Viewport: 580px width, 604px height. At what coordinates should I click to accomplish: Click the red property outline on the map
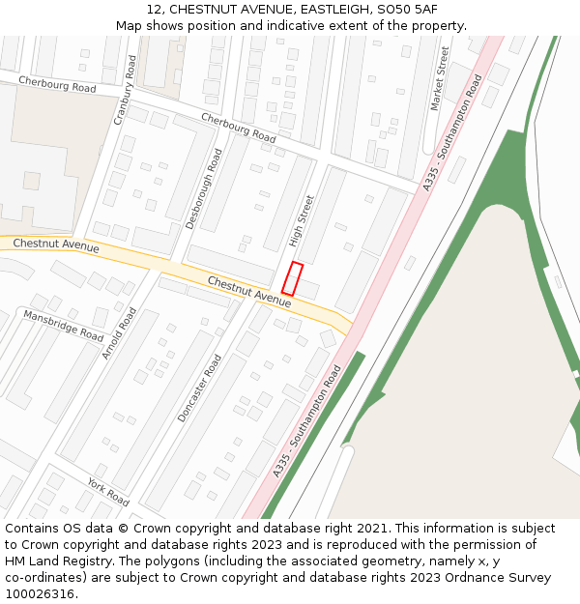pos(292,278)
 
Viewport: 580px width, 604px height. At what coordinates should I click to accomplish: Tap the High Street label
pos(302,221)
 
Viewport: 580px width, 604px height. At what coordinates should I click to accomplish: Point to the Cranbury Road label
pos(126,90)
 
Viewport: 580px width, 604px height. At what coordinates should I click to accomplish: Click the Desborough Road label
pos(204,188)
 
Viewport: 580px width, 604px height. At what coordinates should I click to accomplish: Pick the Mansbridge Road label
pos(64,326)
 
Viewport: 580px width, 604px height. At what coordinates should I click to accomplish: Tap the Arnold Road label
pos(120,333)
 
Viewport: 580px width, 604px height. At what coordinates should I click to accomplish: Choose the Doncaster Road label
pos(200,388)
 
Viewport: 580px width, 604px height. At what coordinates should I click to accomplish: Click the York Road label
pos(107,492)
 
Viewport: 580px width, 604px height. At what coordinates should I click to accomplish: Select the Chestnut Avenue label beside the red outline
pos(248,292)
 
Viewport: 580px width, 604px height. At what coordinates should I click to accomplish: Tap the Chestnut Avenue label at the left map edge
pos(56,246)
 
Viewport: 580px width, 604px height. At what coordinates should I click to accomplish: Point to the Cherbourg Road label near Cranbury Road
pos(57,85)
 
